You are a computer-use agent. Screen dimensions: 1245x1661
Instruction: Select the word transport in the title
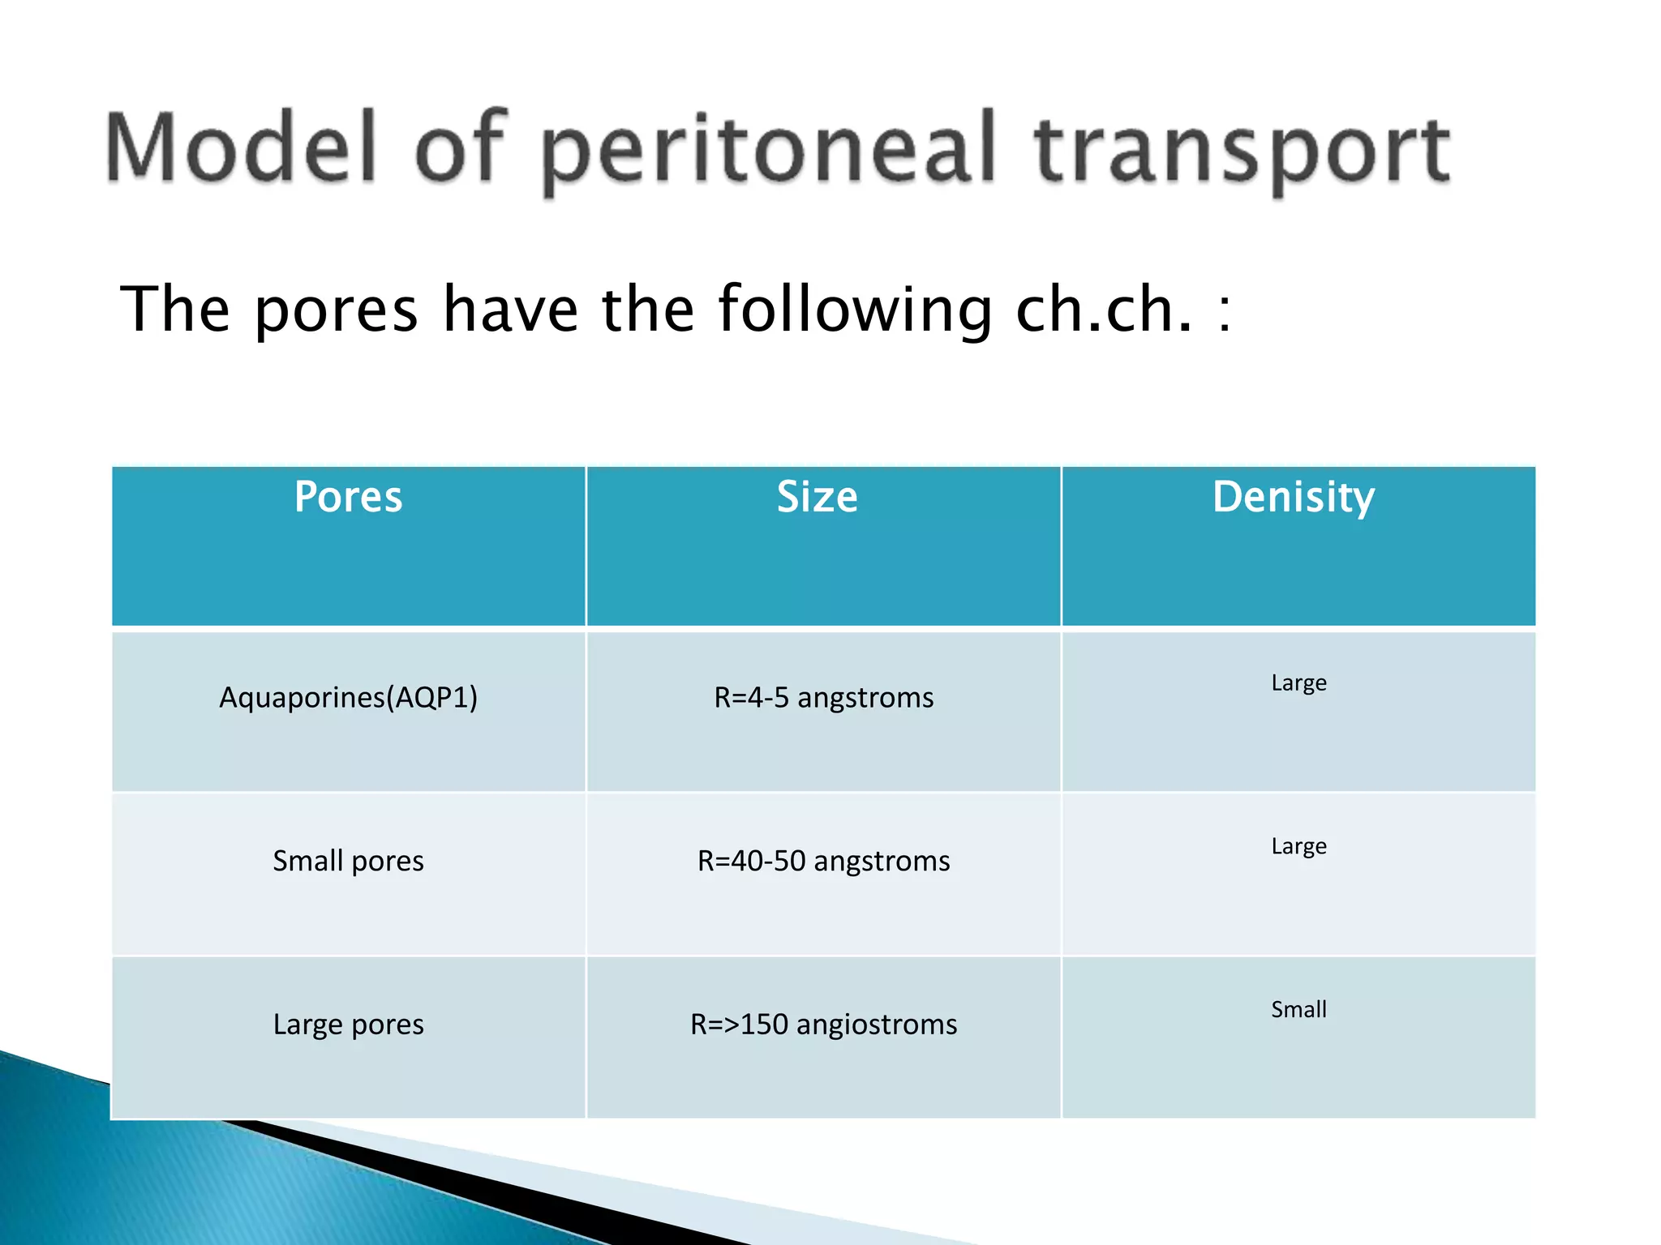tap(1242, 152)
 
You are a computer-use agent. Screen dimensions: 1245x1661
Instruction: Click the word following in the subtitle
tap(855, 311)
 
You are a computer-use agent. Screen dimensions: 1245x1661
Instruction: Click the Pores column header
tap(348, 496)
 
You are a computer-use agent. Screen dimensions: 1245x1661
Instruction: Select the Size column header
tap(817, 496)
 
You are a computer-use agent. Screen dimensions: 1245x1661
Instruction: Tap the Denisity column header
tap(1294, 498)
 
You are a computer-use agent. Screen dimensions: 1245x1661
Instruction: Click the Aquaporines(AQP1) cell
tap(348, 697)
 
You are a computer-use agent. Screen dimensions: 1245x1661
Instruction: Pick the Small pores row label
tap(348, 860)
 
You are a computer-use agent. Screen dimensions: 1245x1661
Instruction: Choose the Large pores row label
tap(348, 1025)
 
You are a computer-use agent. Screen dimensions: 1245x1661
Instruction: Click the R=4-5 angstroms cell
tap(823, 697)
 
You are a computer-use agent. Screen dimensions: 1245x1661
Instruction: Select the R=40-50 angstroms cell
tap(823, 860)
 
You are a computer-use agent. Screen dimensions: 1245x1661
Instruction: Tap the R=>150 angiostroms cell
tap(823, 1024)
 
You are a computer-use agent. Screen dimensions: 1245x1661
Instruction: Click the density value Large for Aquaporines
tap(1298, 683)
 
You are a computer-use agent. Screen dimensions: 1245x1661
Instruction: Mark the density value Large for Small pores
tap(1298, 846)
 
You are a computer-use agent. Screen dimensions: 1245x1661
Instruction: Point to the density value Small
tap(1298, 1009)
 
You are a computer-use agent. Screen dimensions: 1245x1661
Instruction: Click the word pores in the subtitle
tap(336, 311)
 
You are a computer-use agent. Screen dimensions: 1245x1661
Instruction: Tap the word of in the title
tap(460, 148)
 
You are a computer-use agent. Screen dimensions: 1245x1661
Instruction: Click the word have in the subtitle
tap(510, 310)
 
